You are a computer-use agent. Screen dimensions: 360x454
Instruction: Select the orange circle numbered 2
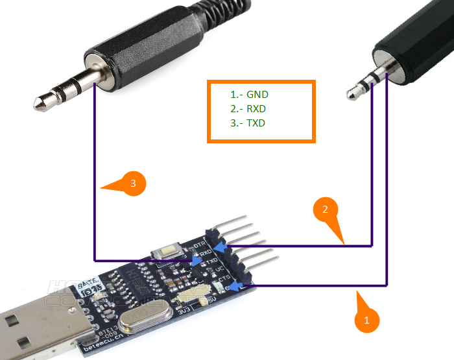pyautogui.click(x=326, y=210)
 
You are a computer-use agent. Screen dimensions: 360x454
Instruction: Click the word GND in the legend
pyautogui.click(x=257, y=94)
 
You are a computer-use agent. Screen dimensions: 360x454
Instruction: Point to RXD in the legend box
pyautogui.click(x=257, y=108)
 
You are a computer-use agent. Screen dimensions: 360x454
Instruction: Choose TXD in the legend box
pyautogui.click(x=257, y=123)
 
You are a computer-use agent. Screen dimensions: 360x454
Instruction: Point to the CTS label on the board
pyautogui.click(x=224, y=280)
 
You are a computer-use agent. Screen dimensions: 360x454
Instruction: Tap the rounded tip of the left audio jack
pyautogui.click(x=42, y=101)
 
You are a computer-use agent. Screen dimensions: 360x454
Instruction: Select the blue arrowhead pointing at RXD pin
pyautogui.click(x=222, y=248)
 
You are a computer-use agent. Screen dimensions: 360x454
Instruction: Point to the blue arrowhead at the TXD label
pyautogui.click(x=195, y=259)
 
